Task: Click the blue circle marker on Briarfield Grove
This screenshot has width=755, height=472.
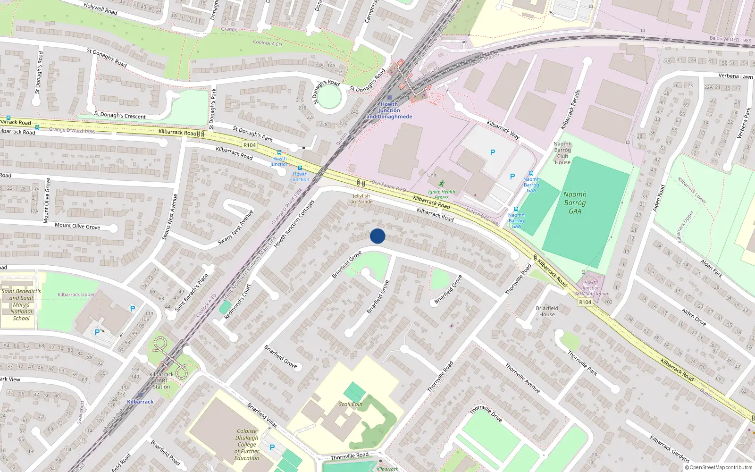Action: click(x=377, y=236)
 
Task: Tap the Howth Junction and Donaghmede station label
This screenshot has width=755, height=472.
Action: click(x=389, y=110)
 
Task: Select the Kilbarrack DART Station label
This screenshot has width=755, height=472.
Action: click(x=161, y=380)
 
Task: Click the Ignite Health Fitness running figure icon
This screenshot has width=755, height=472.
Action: click(x=441, y=183)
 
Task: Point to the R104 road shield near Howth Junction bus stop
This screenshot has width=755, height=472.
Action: click(x=250, y=145)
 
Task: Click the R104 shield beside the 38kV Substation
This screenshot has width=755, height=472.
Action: click(x=585, y=302)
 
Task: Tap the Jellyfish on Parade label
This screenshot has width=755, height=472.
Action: click(x=361, y=199)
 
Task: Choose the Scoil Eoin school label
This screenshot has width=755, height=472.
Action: click(x=351, y=404)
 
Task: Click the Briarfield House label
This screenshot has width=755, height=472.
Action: click(x=547, y=311)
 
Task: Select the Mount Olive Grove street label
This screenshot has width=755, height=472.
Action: click(x=77, y=226)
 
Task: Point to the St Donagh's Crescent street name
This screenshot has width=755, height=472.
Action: click(x=120, y=115)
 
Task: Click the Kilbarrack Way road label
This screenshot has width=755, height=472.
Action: click(x=503, y=130)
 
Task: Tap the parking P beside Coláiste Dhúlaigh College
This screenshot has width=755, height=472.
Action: click(x=272, y=447)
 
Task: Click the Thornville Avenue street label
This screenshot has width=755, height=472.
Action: click(x=522, y=378)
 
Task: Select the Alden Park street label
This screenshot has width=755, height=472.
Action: click(x=711, y=268)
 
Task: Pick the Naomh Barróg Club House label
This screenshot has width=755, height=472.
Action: click(x=562, y=153)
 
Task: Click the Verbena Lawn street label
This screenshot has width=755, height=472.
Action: click(x=735, y=76)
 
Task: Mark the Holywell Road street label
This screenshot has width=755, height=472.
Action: click(x=101, y=8)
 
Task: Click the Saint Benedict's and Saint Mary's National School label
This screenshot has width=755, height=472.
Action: click(x=21, y=304)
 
